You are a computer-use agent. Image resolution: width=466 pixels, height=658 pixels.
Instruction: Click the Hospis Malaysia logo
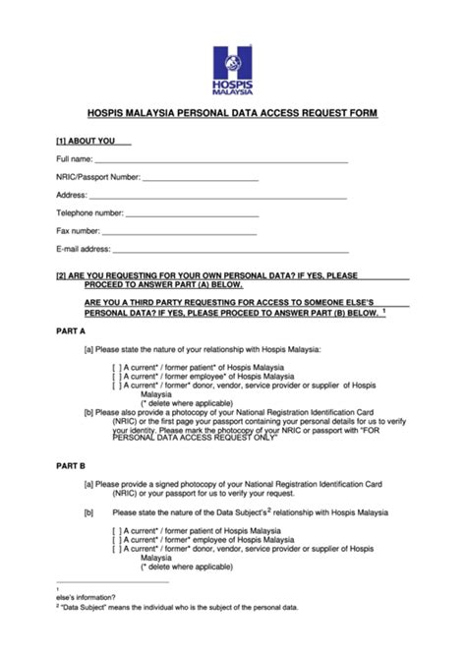(233, 68)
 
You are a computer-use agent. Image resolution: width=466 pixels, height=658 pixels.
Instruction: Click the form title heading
(233, 114)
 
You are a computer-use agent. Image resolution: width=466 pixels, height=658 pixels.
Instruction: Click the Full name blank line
(221, 160)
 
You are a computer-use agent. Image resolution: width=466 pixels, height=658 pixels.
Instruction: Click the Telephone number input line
(192, 214)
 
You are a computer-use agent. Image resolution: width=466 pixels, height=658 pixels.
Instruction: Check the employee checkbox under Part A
(117, 377)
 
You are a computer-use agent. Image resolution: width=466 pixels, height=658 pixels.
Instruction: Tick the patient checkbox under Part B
(117, 531)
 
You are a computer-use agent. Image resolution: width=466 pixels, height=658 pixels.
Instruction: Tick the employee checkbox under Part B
(117, 540)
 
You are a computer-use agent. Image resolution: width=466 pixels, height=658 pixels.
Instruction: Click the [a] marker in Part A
(88, 349)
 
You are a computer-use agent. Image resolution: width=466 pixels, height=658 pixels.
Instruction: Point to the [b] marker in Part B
(88, 512)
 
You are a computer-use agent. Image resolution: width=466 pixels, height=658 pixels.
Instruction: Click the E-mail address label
(83, 250)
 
